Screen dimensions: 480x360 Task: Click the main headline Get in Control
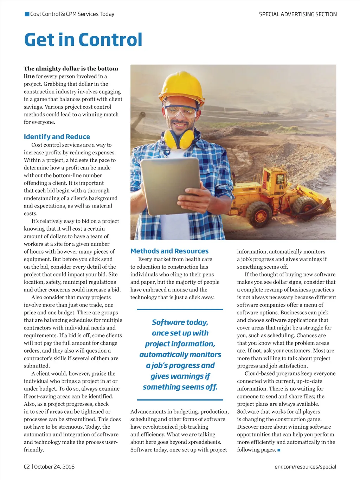click(83, 39)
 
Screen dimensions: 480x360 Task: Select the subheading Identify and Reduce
click(57, 137)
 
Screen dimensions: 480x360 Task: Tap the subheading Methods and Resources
click(169, 251)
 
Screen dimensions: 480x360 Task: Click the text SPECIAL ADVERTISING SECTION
click(298, 14)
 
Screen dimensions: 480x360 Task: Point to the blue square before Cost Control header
click(27, 14)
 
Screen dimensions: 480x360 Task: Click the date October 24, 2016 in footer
click(54, 467)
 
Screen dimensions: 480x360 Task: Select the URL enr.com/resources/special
click(305, 467)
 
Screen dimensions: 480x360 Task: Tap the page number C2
click(27, 467)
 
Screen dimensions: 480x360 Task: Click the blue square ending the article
click(279, 450)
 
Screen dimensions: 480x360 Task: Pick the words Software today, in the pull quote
click(180, 322)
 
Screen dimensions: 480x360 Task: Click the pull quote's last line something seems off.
click(180, 387)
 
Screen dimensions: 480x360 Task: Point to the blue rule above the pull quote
click(180, 309)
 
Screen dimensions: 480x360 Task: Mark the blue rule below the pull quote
click(180, 400)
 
